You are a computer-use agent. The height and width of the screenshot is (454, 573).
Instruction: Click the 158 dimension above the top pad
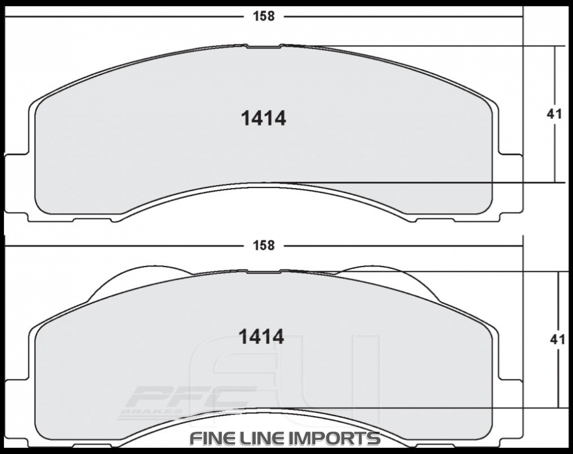(264, 16)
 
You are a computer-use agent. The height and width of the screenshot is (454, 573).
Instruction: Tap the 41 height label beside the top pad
(554, 114)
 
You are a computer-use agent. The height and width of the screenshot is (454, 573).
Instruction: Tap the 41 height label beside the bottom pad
(557, 339)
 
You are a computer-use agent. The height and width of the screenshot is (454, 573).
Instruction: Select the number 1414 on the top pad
(263, 119)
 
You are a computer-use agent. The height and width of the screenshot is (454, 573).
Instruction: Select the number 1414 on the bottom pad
(261, 337)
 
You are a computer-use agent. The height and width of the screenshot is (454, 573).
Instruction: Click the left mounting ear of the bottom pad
(16, 410)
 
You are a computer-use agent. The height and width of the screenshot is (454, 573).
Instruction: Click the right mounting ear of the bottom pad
(510, 410)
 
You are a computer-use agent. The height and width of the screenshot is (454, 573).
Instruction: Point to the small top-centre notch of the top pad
(264, 46)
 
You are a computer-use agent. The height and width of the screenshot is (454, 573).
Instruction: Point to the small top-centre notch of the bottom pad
(264, 271)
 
